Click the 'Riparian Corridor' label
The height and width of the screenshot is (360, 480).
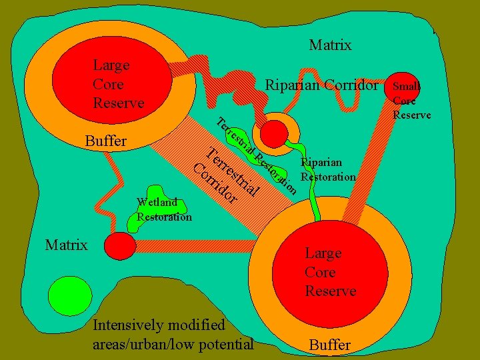(321, 85)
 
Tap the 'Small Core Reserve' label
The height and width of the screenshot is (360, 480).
(411, 101)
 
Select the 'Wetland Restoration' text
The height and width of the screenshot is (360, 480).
(164, 209)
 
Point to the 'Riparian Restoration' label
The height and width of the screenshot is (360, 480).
(327, 170)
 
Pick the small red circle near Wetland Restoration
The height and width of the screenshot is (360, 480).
(121, 245)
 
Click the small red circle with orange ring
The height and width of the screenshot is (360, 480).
(273, 133)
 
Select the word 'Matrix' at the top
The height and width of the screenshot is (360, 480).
(330, 45)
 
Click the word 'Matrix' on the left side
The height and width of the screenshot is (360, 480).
(66, 245)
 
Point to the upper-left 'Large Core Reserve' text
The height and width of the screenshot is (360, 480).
(118, 84)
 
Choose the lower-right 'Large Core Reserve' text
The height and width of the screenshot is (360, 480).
(330, 272)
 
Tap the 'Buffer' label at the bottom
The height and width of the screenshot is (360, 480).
(330, 345)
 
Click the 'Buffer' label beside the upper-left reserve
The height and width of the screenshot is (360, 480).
(107, 141)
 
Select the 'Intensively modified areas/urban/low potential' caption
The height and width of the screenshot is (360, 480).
(173, 335)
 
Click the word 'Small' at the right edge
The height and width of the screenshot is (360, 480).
(407, 87)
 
